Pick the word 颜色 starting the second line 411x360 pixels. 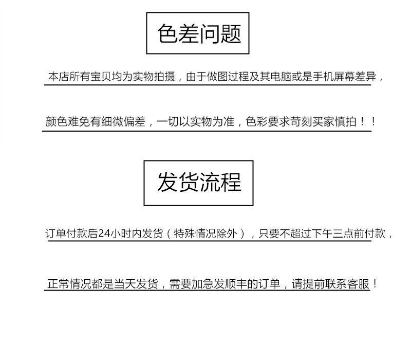(x=55, y=122)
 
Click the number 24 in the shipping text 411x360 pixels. (x=103, y=233)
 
